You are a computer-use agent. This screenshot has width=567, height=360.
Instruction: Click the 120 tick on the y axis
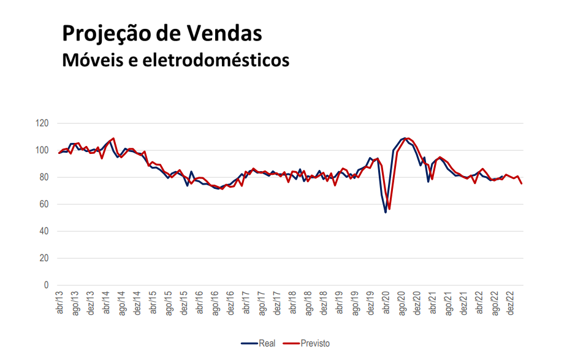(42, 123)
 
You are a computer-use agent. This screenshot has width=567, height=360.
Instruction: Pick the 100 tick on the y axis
(42, 150)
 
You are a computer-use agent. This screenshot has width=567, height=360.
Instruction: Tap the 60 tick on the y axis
(44, 204)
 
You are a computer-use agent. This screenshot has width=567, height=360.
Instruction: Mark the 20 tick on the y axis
(44, 258)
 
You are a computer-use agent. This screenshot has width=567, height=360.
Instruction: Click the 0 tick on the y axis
(45, 285)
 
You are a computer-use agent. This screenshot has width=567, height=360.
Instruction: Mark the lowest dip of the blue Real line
(386, 212)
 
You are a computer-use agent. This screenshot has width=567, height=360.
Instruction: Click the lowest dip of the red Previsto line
(389, 209)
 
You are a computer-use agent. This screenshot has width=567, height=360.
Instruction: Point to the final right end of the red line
(522, 183)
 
